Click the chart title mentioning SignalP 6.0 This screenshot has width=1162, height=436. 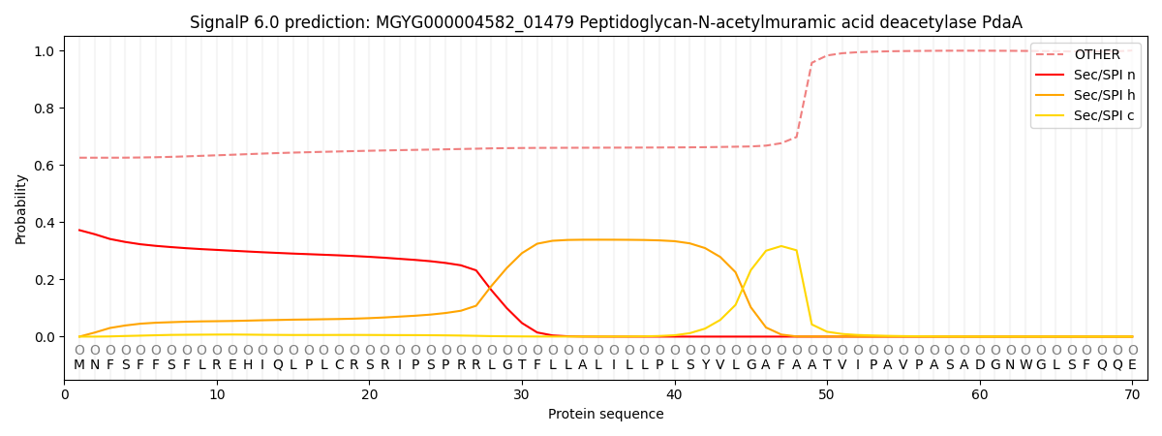pos(605,22)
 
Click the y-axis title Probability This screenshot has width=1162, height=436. pos(21,209)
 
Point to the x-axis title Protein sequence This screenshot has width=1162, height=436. pos(605,415)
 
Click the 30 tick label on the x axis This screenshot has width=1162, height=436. pos(522,394)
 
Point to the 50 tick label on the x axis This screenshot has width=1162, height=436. pos(827,394)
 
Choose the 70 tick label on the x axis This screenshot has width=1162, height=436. pos(1132,394)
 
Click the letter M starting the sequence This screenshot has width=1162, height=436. pos(79,365)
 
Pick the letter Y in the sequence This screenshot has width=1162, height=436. pos(705,365)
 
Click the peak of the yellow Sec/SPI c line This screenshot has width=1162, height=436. pos(781,246)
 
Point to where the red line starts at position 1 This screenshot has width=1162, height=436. pos(79,230)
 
